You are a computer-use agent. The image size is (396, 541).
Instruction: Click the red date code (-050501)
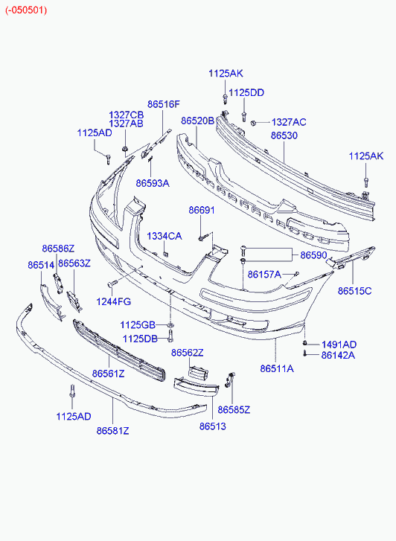pyautogui.click(x=26, y=10)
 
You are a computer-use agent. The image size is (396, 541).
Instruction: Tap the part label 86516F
pyautogui.click(x=164, y=104)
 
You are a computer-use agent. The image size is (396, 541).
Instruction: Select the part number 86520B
pyautogui.click(x=197, y=121)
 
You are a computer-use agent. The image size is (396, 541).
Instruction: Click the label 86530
pyautogui.click(x=284, y=135)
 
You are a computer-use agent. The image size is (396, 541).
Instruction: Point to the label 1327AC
pyautogui.click(x=289, y=122)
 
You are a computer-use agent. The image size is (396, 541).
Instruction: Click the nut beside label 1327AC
pyautogui.click(x=253, y=123)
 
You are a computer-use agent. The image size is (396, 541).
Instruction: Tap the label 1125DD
pyautogui.click(x=246, y=93)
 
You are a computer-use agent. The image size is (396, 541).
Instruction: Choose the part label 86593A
pyautogui.click(x=153, y=183)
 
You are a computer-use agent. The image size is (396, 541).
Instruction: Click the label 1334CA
pyautogui.click(x=165, y=237)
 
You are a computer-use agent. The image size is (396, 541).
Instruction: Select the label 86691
pyautogui.click(x=202, y=210)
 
